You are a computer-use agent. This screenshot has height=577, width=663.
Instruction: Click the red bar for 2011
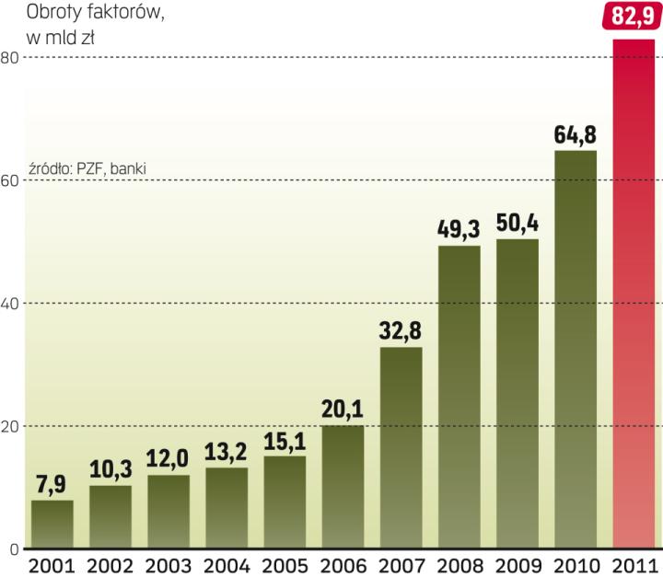click(634, 294)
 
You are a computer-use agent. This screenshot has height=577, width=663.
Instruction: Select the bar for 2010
click(576, 350)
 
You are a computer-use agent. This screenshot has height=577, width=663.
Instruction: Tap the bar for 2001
click(52, 525)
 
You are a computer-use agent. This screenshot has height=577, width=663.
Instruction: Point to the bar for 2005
click(285, 502)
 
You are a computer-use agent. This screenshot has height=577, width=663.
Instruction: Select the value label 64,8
click(576, 134)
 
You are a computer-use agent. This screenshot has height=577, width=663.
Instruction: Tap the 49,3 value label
click(459, 230)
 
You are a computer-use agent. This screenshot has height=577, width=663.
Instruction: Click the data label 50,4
click(518, 224)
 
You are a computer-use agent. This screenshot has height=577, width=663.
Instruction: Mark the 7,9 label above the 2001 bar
click(52, 484)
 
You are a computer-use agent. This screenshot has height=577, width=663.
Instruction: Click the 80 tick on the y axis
click(10, 57)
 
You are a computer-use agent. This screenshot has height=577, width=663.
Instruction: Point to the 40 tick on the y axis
click(10, 303)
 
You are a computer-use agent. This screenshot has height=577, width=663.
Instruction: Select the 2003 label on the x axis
click(169, 565)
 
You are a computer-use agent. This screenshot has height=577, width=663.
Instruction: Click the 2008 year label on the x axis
click(459, 565)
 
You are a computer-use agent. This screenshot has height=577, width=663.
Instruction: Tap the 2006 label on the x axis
click(343, 565)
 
